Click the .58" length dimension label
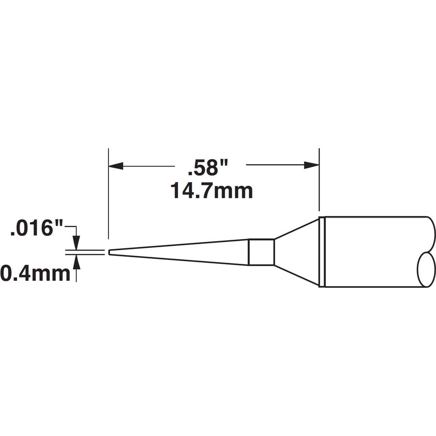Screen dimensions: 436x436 click(x=208, y=168)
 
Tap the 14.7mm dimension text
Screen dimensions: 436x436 click(x=211, y=191)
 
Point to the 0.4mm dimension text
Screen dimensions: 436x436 click(x=35, y=273)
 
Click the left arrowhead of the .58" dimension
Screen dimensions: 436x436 click(x=116, y=166)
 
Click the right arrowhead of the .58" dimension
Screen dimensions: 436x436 click(x=312, y=165)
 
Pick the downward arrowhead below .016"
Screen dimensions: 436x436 click(x=76, y=243)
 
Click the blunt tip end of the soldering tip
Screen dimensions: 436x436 click(x=109, y=252)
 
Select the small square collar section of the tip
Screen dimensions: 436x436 click(x=261, y=252)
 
